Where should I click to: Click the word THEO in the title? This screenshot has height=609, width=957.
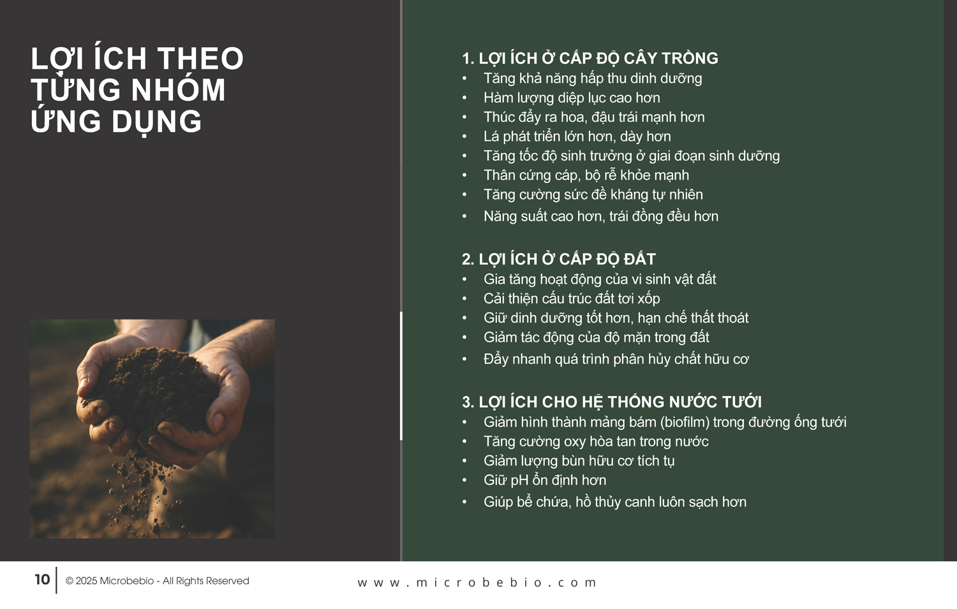[x=200, y=59]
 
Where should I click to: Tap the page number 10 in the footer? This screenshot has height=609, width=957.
[x=42, y=580]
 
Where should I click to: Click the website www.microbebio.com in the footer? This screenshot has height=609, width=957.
[x=477, y=582]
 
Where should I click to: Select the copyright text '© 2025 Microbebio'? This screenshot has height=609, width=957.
[x=109, y=581]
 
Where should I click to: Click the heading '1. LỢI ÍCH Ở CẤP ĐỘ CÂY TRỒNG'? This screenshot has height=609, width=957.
[x=590, y=59]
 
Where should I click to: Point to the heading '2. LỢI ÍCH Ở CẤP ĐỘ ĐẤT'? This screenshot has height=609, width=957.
[x=558, y=260]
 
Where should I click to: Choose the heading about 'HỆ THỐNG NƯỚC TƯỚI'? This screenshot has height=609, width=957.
[x=611, y=402]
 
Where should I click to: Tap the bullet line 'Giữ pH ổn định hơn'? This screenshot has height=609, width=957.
[x=545, y=480]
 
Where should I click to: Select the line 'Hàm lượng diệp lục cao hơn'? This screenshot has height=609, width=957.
[x=572, y=98]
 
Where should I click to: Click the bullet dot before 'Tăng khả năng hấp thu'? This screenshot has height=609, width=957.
[x=464, y=79]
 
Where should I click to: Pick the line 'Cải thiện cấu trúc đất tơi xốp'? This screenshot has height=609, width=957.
[x=572, y=298]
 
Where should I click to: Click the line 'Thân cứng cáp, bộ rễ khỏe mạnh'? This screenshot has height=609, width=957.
[x=586, y=175]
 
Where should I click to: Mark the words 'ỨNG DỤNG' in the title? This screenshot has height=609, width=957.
[x=115, y=122]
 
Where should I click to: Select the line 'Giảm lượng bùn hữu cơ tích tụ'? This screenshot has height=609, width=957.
[x=579, y=461]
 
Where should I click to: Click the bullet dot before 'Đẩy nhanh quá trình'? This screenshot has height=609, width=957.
[x=464, y=360]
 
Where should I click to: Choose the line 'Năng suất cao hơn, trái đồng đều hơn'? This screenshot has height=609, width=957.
[x=601, y=216]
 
